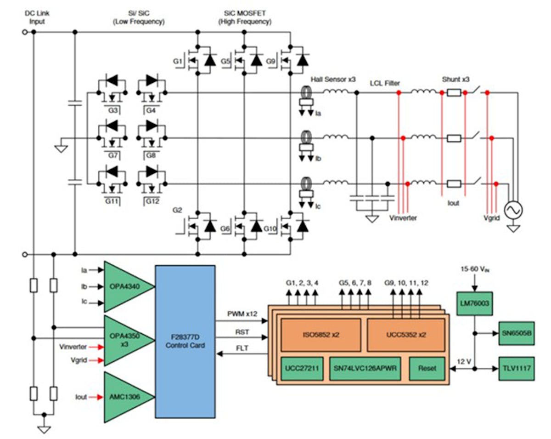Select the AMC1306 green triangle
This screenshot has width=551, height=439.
[125, 396]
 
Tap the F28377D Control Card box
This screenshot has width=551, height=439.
[185, 341]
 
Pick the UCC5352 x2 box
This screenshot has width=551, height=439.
[406, 335]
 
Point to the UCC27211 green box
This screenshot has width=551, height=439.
[302, 368]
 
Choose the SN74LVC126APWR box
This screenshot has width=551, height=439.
[365, 368]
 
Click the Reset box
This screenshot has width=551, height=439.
[427, 368]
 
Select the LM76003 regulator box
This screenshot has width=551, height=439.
[474, 303]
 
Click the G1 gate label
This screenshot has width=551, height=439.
[179, 61]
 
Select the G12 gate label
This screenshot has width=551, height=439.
[152, 201]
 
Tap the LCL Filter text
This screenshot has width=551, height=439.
[385, 83]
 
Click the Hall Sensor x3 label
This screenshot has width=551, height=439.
[333, 79]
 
